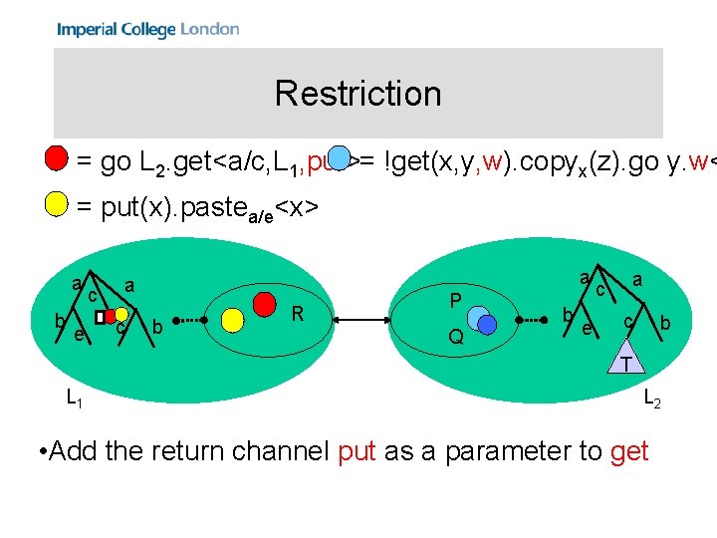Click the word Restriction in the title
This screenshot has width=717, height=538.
[358, 94]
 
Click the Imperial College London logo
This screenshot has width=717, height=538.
[147, 29]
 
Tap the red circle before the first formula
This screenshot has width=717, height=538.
[56, 158]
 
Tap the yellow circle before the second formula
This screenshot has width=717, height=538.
[56, 206]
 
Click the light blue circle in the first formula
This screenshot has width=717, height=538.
[341, 158]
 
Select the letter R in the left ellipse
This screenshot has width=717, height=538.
[297, 315]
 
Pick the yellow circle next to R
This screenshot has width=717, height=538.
[233, 319]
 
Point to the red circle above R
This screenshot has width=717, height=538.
[265, 299]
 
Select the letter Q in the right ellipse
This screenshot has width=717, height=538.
[455, 337]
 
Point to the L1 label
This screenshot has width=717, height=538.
[74, 399]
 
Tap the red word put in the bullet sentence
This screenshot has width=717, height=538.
[357, 452]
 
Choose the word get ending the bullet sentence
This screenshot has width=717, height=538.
[629, 452]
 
